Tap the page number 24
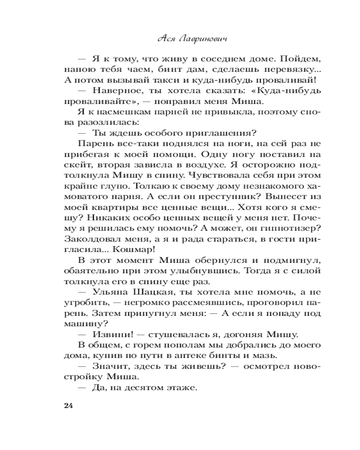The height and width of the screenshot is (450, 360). [68, 405]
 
